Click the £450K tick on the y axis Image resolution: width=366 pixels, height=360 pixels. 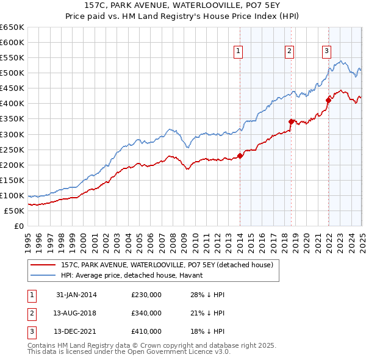click(x=12, y=88)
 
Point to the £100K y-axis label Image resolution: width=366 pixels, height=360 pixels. click(x=12, y=195)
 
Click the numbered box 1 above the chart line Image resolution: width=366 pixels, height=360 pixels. click(x=237, y=51)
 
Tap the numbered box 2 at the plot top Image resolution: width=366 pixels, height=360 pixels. click(x=289, y=51)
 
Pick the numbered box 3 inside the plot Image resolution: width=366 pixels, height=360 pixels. click(x=327, y=51)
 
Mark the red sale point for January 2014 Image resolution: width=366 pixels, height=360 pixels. click(x=240, y=156)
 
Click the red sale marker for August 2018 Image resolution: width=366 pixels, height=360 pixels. click(x=291, y=121)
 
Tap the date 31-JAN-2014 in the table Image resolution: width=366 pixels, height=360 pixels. click(x=76, y=295)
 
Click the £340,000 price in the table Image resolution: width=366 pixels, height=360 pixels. click(x=146, y=313)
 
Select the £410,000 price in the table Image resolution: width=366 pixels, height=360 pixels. click(x=146, y=331)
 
